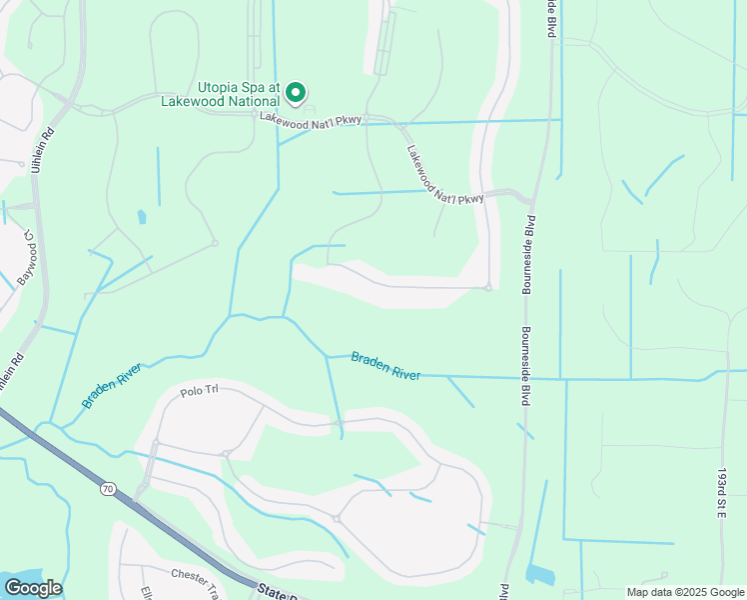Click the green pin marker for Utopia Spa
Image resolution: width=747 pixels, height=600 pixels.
click(296, 93)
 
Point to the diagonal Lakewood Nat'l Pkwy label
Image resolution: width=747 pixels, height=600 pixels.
click(444, 176)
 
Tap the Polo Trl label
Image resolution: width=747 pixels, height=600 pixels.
click(199, 390)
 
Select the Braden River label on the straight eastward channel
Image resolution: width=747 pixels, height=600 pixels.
click(385, 365)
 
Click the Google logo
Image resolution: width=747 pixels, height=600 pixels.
click(33, 587)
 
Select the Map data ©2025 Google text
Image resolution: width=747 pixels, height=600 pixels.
click(684, 592)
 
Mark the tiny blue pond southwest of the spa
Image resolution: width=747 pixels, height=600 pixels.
click(141, 215)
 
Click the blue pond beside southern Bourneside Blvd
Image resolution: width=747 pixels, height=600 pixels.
click(540, 575)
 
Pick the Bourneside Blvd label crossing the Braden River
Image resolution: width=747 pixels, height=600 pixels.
click(524, 367)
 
